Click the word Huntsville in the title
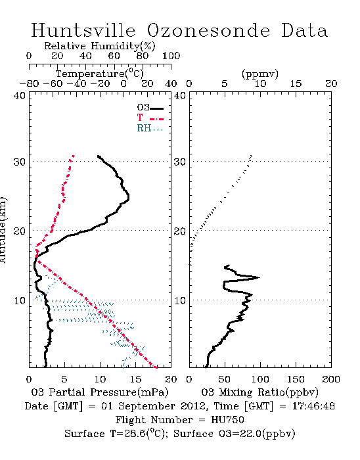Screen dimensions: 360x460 coord(83,30)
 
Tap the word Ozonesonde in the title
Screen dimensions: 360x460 coord(208,30)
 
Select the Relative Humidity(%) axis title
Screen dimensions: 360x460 coord(100,46)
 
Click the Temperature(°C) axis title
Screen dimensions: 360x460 coord(100,74)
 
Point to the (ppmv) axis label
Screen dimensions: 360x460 coord(260,74)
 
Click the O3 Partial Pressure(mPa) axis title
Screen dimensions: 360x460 coord(100,392)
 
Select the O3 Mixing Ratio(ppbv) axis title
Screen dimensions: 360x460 coord(259,392)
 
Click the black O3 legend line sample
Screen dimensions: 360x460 coord(157,108)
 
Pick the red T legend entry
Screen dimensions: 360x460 coord(150,118)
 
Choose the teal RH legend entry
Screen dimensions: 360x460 coord(150,128)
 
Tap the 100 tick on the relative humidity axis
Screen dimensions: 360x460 coord(171,56)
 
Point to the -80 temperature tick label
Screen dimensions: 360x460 coord(29,84)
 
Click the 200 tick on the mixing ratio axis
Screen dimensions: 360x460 coord(331,379)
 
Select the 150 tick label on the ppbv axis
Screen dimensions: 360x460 coord(296,379)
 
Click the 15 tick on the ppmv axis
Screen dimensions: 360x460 coord(296,84)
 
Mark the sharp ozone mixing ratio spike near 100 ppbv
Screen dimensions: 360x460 coord(259,277)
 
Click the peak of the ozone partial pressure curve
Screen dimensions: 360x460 coord(128,197)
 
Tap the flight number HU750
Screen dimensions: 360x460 coord(227,420)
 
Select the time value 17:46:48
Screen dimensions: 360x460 coord(313,406)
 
